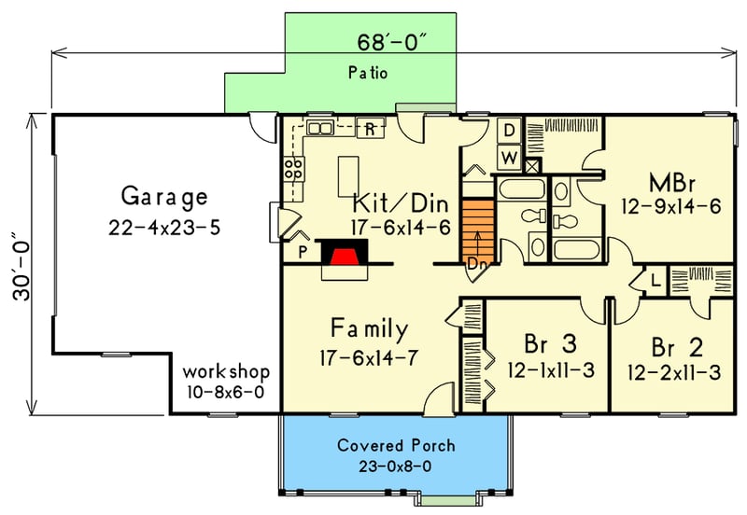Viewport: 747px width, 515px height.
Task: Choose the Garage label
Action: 163,197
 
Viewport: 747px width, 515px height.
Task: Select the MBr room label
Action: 671,180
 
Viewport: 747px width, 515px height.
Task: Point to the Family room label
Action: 370,328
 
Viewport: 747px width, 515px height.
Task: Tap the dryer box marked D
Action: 510,130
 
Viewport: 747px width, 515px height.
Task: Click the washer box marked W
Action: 510,157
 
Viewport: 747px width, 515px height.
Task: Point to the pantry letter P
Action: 303,252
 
